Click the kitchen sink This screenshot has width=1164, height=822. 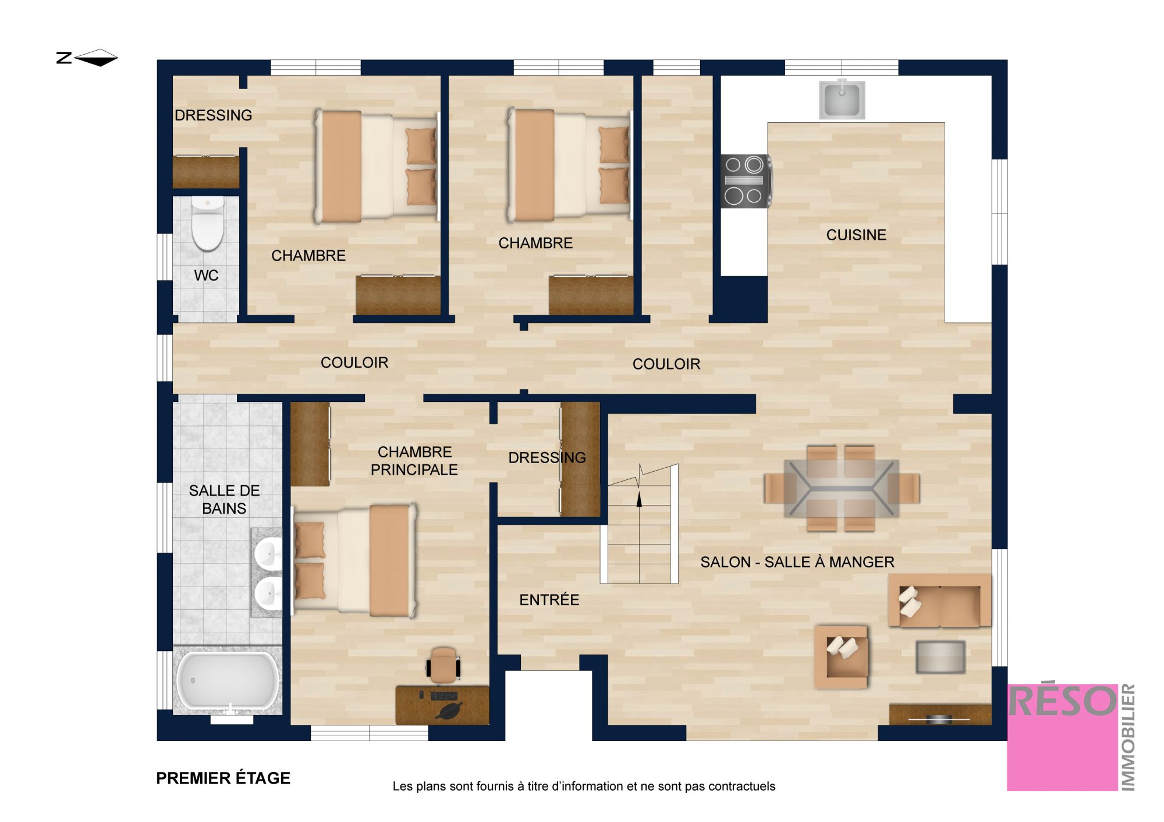[x=842, y=99]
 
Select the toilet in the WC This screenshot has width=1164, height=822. [x=208, y=223]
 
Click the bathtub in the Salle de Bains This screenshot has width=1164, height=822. [x=228, y=681]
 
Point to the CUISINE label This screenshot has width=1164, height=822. [x=856, y=235]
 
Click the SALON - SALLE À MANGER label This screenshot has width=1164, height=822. [x=797, y=562]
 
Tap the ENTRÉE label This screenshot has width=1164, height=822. [x=549, y=600]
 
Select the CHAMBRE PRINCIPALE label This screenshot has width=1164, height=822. [x=414, y=461]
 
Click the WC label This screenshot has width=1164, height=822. [x=206, y=275]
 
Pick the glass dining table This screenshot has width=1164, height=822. [x=842, y=488]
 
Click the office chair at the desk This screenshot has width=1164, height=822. [x=443, y=664]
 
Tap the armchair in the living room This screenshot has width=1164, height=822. [x=842, y=657]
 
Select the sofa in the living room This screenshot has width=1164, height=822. [x=939, y=601]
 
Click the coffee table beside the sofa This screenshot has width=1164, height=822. [x=941, y=657]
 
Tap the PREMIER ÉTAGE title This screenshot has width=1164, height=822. [x=223, y=778]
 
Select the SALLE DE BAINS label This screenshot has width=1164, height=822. [x=224, y=499]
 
